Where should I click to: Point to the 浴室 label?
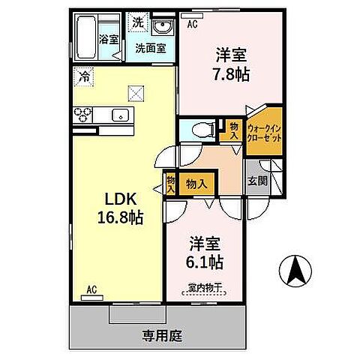[x=109, y=39]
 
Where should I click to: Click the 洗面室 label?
[x=150, y=49]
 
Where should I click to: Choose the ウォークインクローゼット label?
[x=264, y=134]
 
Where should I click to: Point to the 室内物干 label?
[x=205, y=287]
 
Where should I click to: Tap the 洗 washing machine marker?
[x=137, y=22]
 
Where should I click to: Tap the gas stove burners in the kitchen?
[x=82, y=114]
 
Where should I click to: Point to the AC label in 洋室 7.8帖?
[x=191, y=24]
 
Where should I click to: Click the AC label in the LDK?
[x=91, y=289]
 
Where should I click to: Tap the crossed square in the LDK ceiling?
[x=135, y=93]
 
